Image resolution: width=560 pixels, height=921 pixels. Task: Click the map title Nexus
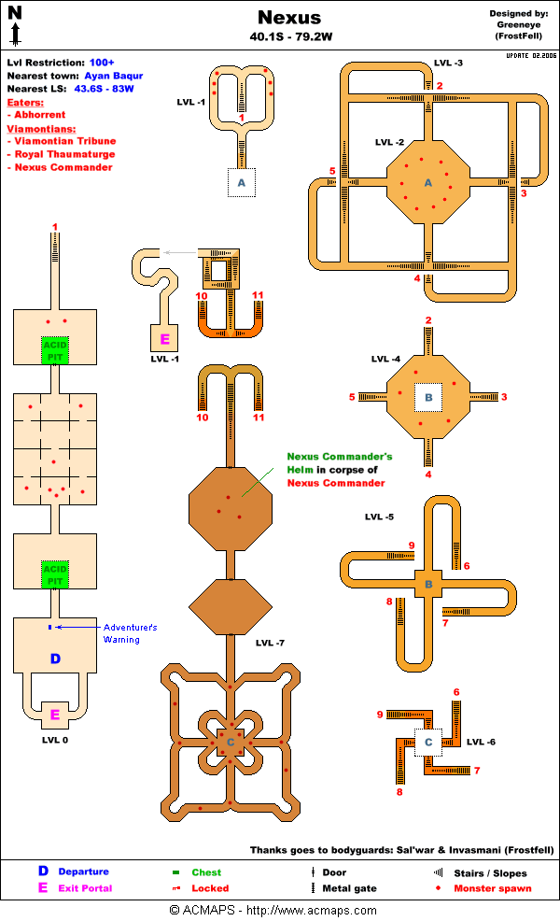[288, 18]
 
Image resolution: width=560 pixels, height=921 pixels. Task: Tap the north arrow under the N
[15, 35]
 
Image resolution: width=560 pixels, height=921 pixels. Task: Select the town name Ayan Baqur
[110, 76]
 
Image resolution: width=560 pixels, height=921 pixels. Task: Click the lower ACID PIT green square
[54, 574]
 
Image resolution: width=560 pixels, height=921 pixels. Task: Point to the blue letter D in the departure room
[54, 659]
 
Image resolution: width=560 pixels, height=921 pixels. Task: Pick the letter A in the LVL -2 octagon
[428, 182]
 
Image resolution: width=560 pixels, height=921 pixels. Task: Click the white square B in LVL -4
[428, 398]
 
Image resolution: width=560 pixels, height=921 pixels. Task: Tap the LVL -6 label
[481, 742]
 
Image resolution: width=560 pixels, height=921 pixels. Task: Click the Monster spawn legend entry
[492, 888]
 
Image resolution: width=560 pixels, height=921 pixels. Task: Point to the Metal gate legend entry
[349, 888]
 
